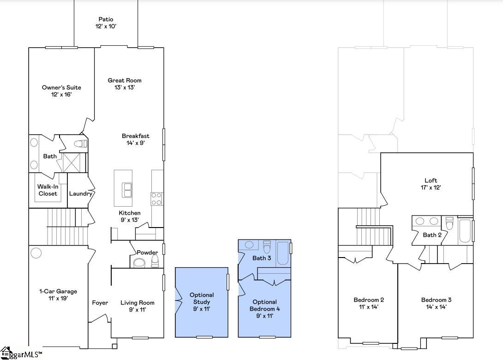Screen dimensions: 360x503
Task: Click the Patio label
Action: click(106, 19)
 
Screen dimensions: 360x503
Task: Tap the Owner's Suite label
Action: click(61, 87)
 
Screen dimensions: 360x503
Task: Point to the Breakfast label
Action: click(136, 136)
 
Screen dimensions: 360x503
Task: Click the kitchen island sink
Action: click(127, 189)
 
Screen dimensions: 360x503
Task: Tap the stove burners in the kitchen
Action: click(156, 198)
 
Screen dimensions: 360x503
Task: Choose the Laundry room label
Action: click(81, 193)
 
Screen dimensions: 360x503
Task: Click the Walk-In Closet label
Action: click(48, 190)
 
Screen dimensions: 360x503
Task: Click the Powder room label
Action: click(147, 252)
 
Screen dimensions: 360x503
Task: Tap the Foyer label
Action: click(100, 303)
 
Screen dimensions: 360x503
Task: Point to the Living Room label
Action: click(138, 303)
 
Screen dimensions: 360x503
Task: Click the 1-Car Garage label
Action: click(58, 291)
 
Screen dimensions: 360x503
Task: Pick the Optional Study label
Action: click(202, 298)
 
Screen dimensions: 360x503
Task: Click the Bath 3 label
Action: click(262, 258)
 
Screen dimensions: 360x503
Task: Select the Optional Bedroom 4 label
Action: click(264, 306)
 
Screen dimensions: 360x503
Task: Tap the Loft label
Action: click(431, 180)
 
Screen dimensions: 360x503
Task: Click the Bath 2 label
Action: click(432, 235)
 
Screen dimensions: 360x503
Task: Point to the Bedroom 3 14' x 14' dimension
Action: click(436, 306)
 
